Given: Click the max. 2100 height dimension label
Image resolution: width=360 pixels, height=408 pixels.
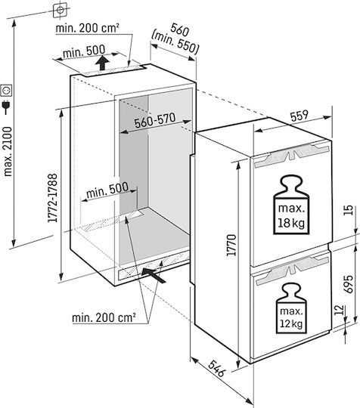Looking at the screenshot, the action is click(8, 151).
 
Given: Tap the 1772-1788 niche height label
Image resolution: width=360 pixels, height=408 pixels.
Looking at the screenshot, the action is click(52, 198).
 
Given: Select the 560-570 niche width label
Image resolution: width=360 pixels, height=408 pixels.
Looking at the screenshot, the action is click(155, 120).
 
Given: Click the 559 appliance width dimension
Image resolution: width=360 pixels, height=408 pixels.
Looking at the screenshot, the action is click(299, 116).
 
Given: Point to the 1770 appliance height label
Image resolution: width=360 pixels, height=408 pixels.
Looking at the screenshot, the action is click(231, 245).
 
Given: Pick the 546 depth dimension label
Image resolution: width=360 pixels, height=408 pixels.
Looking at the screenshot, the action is click(216, 369).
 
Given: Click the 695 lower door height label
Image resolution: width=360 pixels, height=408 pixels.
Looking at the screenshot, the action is click(349, 284).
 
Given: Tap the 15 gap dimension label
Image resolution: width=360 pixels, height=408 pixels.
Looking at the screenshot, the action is click(349, 210).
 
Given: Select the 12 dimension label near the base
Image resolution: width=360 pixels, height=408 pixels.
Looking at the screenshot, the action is click(339, 310).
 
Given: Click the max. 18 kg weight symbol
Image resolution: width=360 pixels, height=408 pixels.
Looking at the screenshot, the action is click(291, 205).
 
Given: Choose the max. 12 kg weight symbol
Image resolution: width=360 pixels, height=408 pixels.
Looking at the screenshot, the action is click(291, 308).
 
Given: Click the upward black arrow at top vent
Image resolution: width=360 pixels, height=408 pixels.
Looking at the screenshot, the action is click(102, 63).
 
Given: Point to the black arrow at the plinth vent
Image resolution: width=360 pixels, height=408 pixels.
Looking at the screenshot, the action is click(154, 275).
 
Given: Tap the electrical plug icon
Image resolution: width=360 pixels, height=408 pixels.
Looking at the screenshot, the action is click(6, 107).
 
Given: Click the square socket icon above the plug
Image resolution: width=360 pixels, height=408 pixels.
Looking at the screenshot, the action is click(6, 91).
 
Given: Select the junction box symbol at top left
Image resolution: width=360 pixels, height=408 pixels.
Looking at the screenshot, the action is click(61, 10).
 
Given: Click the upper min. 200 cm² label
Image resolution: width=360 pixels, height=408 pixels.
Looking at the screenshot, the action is click(88, 28).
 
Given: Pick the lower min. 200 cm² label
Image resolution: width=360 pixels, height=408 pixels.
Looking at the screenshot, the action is click(104, 317).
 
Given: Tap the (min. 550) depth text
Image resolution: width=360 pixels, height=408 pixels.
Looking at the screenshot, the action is click(175, 42).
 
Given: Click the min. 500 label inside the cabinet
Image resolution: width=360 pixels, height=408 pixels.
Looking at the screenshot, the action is click(107, 190).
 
